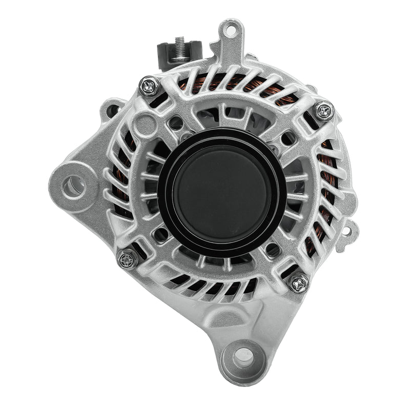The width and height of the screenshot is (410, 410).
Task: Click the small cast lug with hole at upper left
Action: [114, 109]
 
